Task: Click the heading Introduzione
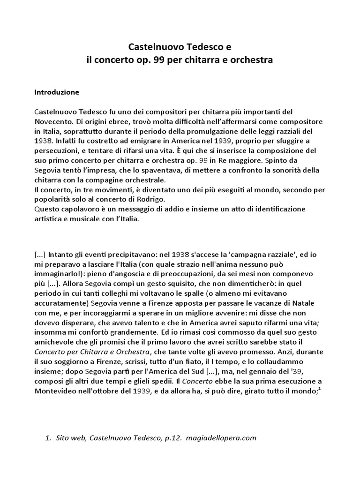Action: point(57,92)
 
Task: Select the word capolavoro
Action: point(83,209)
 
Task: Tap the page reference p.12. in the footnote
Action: point(172,438)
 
